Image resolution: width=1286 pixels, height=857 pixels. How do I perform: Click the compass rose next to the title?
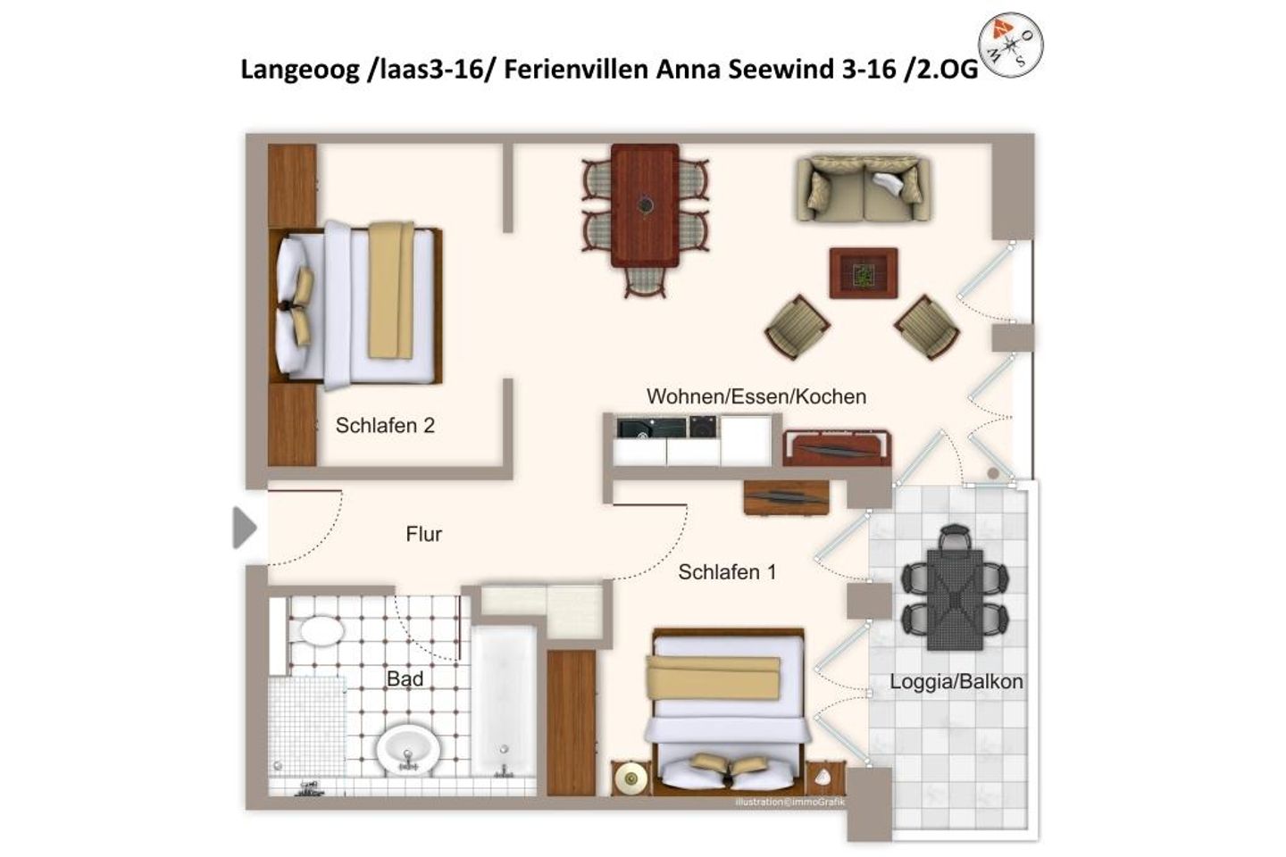(1010, 46)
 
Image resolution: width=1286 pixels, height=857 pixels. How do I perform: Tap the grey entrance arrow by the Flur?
(244, 528)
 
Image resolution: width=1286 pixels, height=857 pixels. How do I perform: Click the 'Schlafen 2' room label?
(385, 425)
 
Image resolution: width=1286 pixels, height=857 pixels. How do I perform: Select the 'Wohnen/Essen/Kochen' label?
(756, 396)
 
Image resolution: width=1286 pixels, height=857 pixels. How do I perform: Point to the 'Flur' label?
(423, 534)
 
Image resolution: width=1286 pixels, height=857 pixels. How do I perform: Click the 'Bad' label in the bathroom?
(405, 678)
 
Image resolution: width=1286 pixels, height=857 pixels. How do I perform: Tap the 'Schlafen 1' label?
(727, 571)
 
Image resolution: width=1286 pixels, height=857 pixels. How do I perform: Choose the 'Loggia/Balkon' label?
(956, 682)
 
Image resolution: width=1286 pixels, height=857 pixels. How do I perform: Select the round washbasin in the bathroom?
(408, 750)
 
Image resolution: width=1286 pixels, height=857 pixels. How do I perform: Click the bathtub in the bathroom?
(504, 702)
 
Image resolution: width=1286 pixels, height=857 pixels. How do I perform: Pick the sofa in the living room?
(863, 189)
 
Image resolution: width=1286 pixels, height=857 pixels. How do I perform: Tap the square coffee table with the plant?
(864, 273)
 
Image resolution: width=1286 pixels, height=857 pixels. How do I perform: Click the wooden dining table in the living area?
(646, 205)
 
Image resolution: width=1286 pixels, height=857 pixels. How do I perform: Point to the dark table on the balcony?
(955, 600)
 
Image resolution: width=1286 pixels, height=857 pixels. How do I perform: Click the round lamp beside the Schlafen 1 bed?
(630, 778)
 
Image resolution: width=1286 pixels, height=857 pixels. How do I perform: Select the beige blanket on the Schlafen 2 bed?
(391, 290)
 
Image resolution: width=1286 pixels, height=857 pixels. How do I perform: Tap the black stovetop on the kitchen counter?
(652, 428)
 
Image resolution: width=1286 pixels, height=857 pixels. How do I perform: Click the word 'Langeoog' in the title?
(300, 70)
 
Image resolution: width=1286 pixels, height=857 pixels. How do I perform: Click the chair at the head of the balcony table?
(955, 537)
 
